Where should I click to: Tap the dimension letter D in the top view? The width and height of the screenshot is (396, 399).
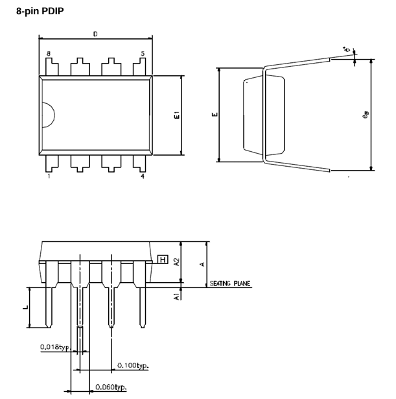click(x=95, y=34)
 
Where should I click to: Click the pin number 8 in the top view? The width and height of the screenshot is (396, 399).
click(x=49, y=54)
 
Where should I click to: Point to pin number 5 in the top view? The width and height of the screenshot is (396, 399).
click(x=142, y=54)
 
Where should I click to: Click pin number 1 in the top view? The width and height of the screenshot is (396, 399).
click(x=49, y=176)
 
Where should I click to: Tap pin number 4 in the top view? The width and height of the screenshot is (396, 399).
click(x=142, y=176)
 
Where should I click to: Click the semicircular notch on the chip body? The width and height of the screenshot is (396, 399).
click(x=47, y=115)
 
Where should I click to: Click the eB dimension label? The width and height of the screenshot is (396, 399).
click(x=366, y=115)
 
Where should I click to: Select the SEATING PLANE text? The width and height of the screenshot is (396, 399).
click(x=230, y=284)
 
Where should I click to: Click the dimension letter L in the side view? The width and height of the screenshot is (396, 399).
click(x=27, y=308)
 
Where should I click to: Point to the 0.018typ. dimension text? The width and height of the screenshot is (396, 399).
click(x=54, y=346)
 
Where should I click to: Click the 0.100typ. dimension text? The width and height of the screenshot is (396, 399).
click(x=132, y=366)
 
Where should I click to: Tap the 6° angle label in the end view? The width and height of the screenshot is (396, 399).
click(x=347, y=49)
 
